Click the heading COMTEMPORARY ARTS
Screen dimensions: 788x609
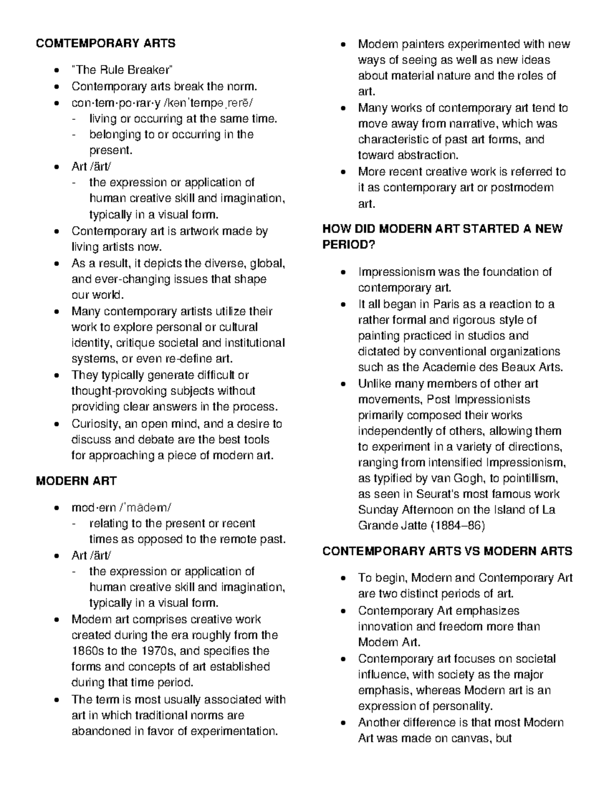point(106,44)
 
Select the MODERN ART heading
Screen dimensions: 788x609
point(76,481)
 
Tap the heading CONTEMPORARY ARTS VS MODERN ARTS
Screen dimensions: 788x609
point(447,551)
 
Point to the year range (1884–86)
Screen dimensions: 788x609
point(458,526)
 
